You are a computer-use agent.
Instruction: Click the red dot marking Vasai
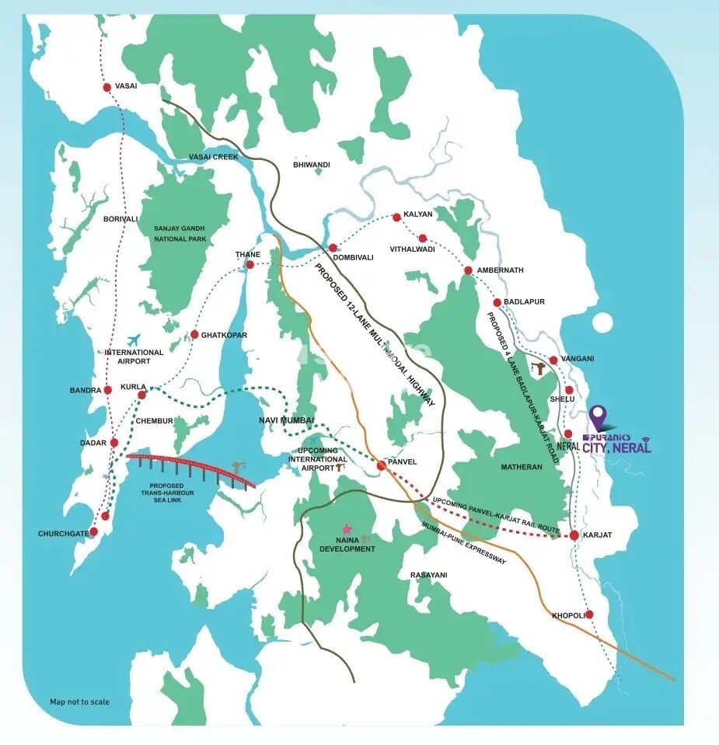tap(107, 87)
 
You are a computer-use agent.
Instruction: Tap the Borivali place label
tap(120, 220)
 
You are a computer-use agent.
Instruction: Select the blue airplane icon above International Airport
tap(133, 340)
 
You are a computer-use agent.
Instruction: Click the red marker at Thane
tap(250, 265)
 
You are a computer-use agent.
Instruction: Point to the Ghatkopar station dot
tap(194, 335)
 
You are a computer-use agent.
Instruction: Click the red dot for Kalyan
tap(396, 217)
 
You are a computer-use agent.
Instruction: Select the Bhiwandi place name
tap(312, 165)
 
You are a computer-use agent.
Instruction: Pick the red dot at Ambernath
tap(468, 270)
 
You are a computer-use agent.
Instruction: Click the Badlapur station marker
tap(497, 302)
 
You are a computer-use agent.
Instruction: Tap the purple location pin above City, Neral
tap(597, 417)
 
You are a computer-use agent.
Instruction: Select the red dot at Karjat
tap(573, 535)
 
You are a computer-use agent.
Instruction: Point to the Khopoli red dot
tap(589, 614)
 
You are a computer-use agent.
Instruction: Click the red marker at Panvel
tap(381, 465)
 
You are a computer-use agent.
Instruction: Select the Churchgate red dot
tap(93, 532)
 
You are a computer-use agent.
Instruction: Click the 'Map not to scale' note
tap(79, 701)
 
